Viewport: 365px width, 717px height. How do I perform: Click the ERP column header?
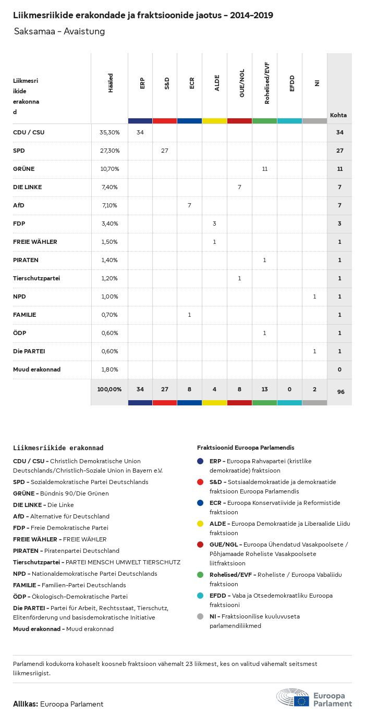pos(142,83)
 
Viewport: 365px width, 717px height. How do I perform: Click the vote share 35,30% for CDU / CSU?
pos(110,132)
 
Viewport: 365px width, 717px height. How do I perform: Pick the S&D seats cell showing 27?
pos(165,151)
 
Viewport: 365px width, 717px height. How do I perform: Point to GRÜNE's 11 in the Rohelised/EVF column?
pos(264,169)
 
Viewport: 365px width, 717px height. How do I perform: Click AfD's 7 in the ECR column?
pos(189,205)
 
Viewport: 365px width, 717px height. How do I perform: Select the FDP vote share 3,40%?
pos(110,224)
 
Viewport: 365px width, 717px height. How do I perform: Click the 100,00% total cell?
pos(110,389)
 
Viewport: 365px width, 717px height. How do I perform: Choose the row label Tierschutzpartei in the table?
pos(36,278)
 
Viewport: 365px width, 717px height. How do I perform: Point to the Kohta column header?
pos(338,115)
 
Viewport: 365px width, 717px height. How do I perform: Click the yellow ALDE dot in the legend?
pos(200,523)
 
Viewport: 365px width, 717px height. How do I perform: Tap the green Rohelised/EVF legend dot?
pos(200,574)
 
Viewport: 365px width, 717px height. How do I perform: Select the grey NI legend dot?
pos(200,616)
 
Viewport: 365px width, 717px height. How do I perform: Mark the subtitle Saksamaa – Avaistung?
pos(59,31)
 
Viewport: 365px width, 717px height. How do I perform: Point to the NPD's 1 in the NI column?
pos(314,296)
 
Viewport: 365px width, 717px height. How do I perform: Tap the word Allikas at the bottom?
pos(25,704)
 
